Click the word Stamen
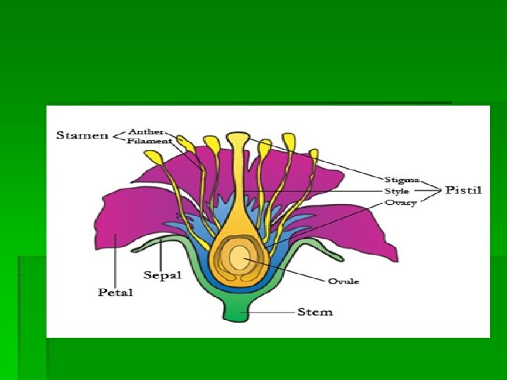82,135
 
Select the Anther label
146,131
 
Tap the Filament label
150,141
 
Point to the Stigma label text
401,179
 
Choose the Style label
397,191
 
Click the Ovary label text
400,203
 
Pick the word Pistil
463,190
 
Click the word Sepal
163,274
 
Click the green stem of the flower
240,310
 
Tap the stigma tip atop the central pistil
238,137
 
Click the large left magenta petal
134,225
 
